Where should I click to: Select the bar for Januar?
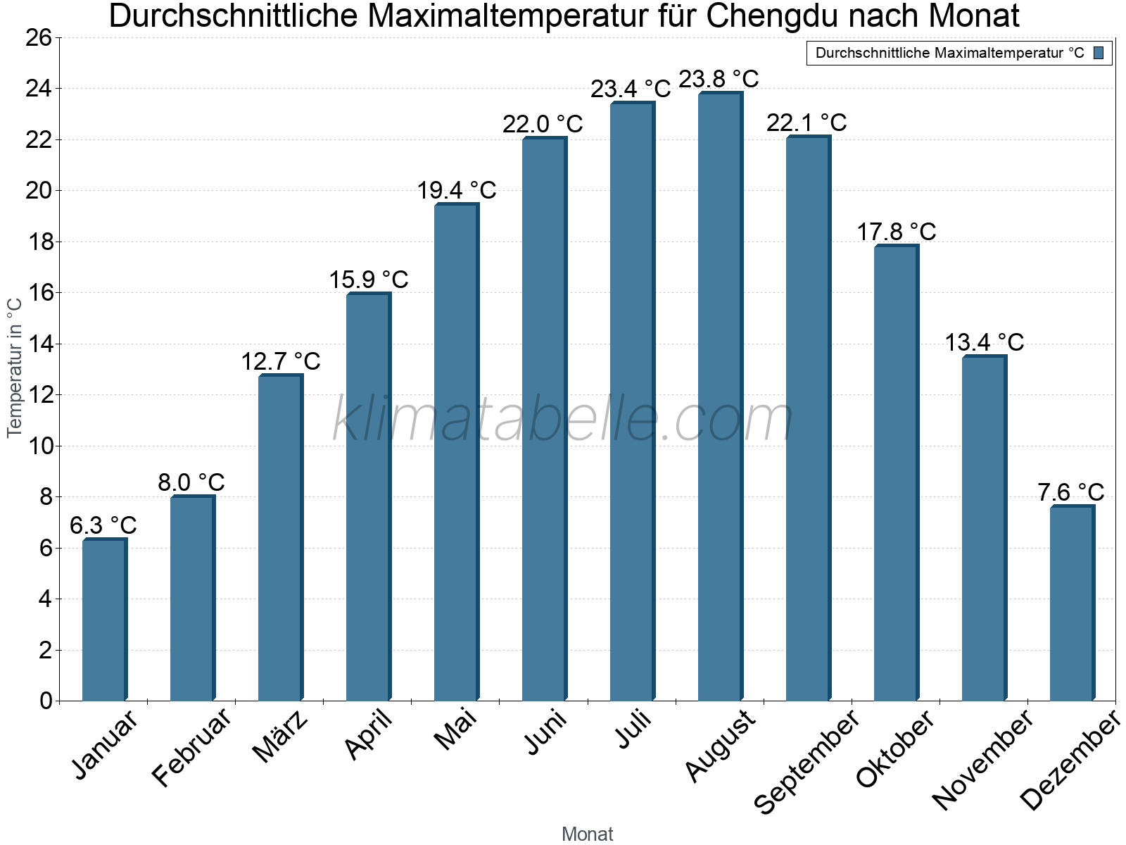point(104,620)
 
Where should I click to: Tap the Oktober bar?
point(896,472)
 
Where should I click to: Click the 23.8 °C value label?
point(719,79)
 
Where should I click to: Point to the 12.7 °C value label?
point(281,361)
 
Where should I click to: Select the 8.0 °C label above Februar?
point(191,482)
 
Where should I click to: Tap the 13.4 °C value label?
point(984,342)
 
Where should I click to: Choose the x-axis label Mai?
point(456,730)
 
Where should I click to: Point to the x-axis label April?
point(369,735)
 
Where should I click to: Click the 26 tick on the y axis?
point(39,37)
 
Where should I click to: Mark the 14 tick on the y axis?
point(39,344)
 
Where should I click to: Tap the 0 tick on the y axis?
point(46,701)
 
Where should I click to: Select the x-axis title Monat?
point(588,834)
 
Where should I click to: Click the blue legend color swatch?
point(1099,53)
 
